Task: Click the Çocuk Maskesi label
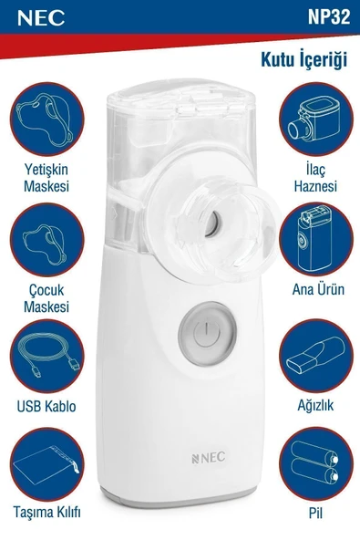point(46,297)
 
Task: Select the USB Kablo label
point(46,406)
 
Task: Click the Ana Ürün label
point(315,293)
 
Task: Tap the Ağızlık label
point(315,405)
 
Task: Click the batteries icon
point(315,465)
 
